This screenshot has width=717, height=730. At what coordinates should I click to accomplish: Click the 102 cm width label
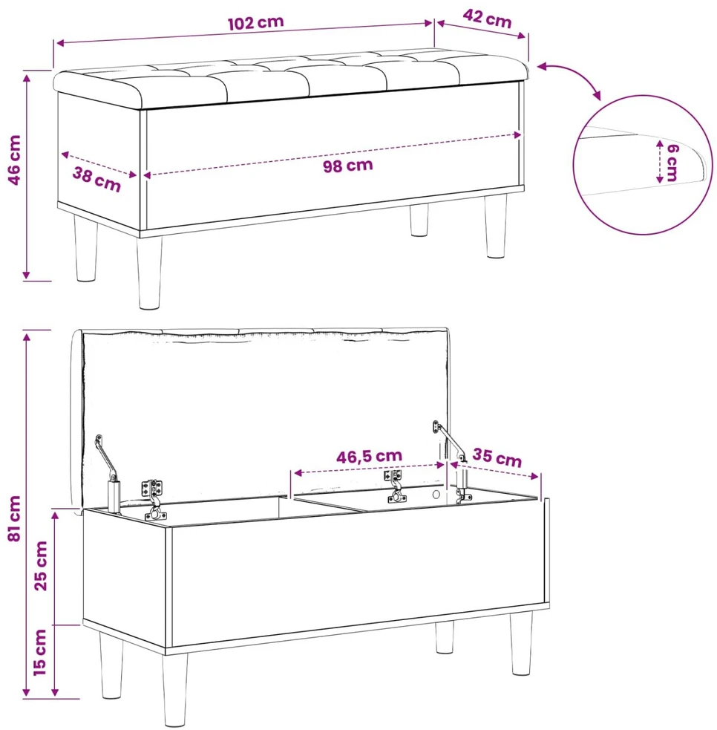pos(255,22)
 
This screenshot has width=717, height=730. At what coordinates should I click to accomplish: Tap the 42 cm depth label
pos(487,19)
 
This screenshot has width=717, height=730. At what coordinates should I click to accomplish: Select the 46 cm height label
pos(14,160)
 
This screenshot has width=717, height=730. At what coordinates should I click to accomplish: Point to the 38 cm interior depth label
pos(96,179)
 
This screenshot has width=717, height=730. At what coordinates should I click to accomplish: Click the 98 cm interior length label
pos(348,166)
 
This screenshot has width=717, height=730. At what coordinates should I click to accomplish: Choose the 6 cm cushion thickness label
pos(672,162)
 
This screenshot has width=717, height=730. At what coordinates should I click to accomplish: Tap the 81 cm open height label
pos(14,518)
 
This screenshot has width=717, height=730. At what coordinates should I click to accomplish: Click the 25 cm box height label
pos(41,566)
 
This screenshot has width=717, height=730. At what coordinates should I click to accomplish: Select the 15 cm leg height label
pos(40,652)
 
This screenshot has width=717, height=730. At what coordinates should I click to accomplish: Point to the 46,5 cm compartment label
pos(370,456)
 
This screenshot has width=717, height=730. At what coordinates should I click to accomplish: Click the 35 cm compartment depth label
pos(497,457)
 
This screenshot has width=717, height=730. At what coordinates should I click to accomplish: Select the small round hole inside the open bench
pos(436,495)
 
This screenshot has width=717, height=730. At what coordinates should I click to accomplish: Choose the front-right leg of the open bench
pos(521,644)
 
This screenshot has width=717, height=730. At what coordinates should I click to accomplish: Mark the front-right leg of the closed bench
pos(496,227)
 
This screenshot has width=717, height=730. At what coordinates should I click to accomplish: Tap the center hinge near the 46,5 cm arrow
pos(395,486)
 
